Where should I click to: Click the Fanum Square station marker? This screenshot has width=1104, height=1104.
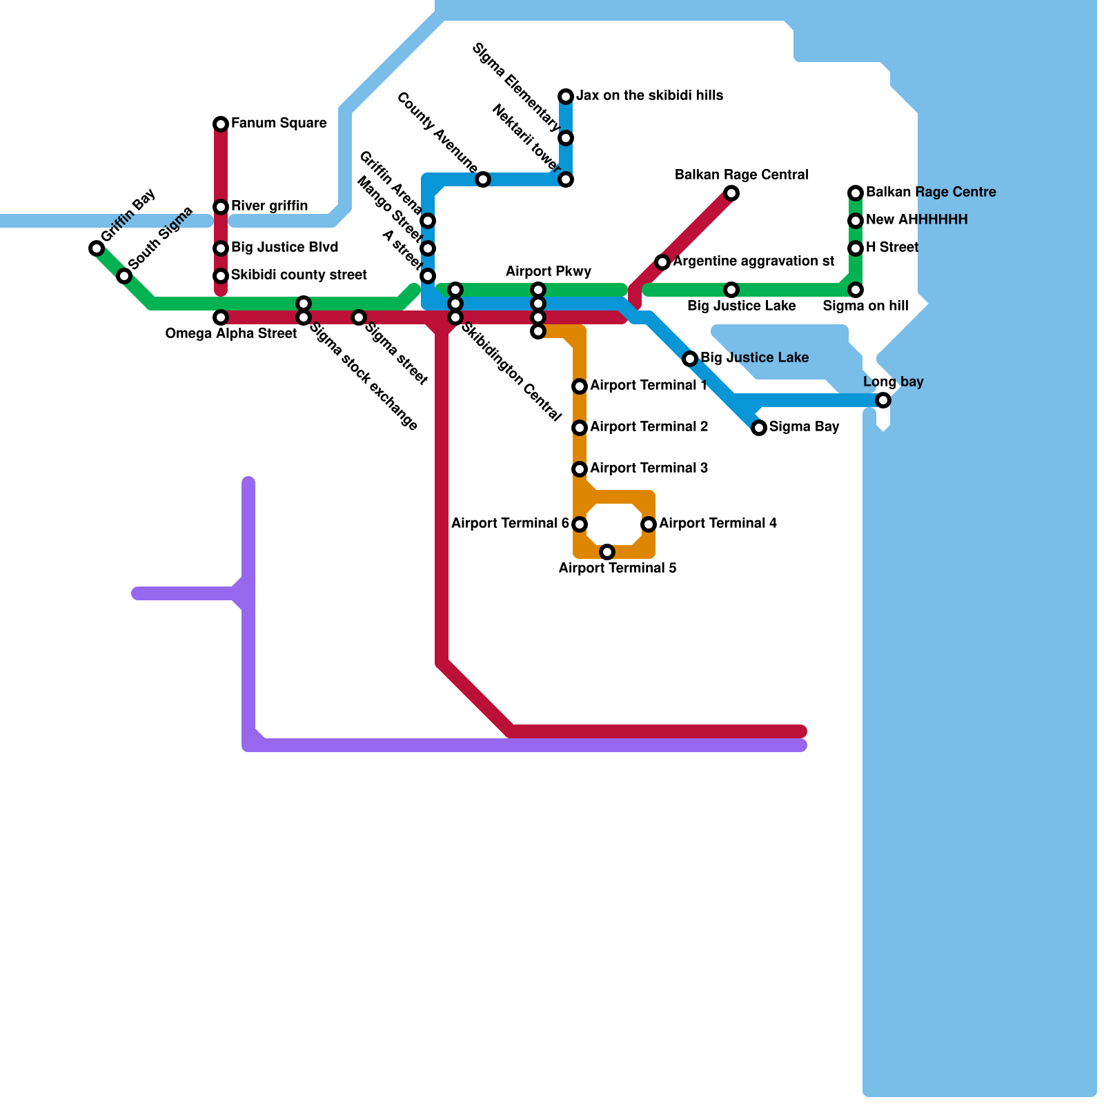(x=221, y=124)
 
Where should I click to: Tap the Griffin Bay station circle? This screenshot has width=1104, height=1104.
(x=97, y=248)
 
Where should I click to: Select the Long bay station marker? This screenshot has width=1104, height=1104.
(x=883, y=400)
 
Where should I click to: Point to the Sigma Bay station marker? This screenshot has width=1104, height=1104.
(x=759, y=428)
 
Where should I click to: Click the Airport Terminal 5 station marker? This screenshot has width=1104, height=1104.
(x=607, y=552)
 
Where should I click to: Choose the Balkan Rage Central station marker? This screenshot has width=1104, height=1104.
(x=731, y=193)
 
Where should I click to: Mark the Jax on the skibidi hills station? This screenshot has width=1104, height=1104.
(x=566, y=97)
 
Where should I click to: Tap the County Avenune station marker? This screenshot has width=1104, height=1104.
(x=483, y=179)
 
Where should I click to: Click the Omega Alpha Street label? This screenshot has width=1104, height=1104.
(x=230, y=334)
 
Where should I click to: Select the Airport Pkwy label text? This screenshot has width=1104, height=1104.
(x=548, y=271)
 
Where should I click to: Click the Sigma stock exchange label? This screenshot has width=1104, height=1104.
(x=363, y=377)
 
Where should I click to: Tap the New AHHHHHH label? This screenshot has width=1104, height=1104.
(x=916, y=220)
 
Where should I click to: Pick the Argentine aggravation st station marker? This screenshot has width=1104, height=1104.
(x=662, y=262)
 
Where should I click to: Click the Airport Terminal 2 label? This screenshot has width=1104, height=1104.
(x=649, y=427)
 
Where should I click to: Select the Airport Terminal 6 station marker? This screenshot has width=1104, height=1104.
(x=580, y=524)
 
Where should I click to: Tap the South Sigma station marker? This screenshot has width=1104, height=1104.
(x=124, y=276)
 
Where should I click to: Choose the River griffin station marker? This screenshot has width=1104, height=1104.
(x=221, y=207)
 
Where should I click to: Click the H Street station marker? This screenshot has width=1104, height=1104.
(x=856, y=248)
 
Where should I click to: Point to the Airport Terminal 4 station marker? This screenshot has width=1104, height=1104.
(x=649, y=524)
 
